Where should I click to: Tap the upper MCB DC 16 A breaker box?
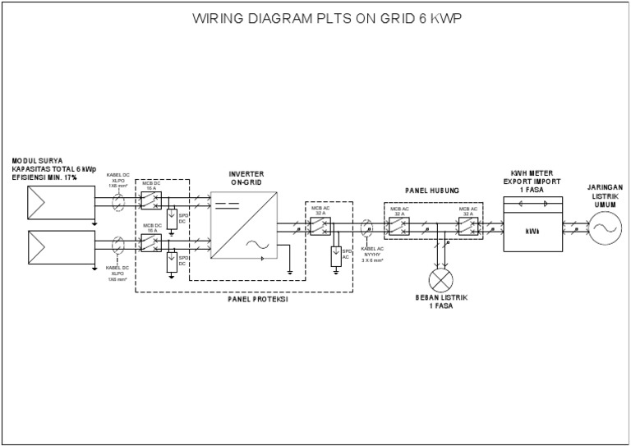click(151, 199)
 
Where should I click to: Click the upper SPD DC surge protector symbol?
click(172, 218)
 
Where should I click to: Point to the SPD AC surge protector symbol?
click(335, 256)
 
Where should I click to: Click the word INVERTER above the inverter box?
click(246, 174)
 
